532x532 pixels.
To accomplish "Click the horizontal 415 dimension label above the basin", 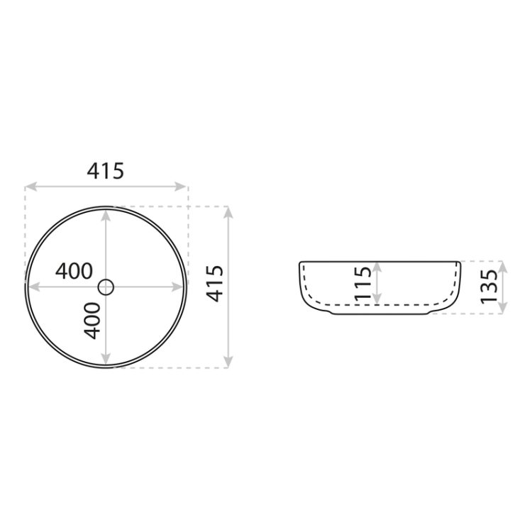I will click(106, 171).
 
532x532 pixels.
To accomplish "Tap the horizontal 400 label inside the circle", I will click(74, 271).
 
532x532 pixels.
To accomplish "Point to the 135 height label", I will click(487, 286).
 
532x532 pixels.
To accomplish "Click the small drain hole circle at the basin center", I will click(106, 287).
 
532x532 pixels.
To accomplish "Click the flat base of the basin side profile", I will click(379, 314).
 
